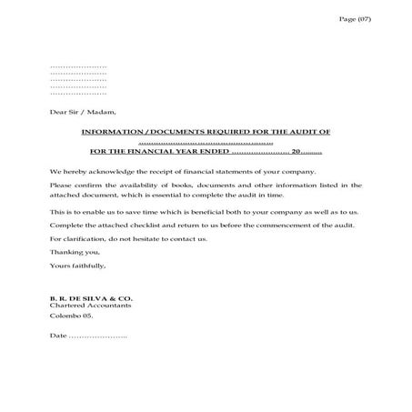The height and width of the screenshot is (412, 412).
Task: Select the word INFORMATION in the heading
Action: pyautogui.click(x=107, y=132)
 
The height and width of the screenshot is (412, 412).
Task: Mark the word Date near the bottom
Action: pyautogui.click(x=58, y=337)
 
